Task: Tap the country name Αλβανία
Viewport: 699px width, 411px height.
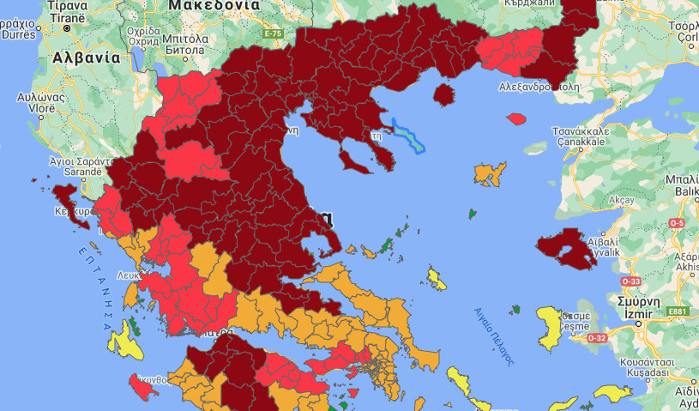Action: [87, 58]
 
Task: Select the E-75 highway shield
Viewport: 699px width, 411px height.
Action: [273, 33]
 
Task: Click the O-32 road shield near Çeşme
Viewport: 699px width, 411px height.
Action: [596, 337]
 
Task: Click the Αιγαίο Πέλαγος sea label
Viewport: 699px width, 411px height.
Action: [494, 336]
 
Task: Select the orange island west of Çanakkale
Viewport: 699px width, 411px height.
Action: [490, 173]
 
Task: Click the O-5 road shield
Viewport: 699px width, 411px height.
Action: [677, 223]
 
